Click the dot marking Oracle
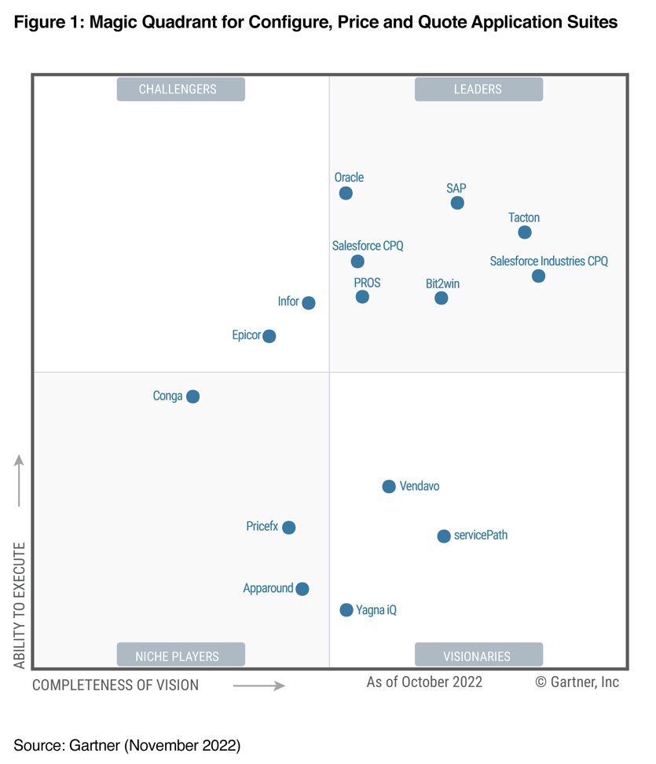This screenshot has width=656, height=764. pos(346,193)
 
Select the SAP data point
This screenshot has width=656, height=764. pos(457,203)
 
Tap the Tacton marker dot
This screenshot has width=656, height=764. pos(525,232)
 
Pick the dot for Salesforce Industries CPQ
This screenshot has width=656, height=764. pos(538,276)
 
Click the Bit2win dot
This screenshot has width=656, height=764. pos(442,298)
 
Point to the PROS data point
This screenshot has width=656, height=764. pos(362,297)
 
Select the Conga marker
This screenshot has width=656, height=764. pos(192,397)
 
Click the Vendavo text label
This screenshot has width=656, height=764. pos(420,487)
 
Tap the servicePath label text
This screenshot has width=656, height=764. pos(481,536)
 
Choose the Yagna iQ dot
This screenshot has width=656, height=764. pos(346,610)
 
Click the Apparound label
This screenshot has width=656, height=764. pos(268,588)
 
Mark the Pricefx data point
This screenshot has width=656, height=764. pos(289,528)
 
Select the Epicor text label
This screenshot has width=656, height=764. pos(246,335)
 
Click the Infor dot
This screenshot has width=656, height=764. pos(309,303)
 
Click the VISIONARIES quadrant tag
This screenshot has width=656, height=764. pos(478,656)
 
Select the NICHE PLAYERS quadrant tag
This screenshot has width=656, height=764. pos(181,656)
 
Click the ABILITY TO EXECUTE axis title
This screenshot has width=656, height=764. pos(20,605)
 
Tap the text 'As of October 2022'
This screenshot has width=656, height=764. pos(424,682)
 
